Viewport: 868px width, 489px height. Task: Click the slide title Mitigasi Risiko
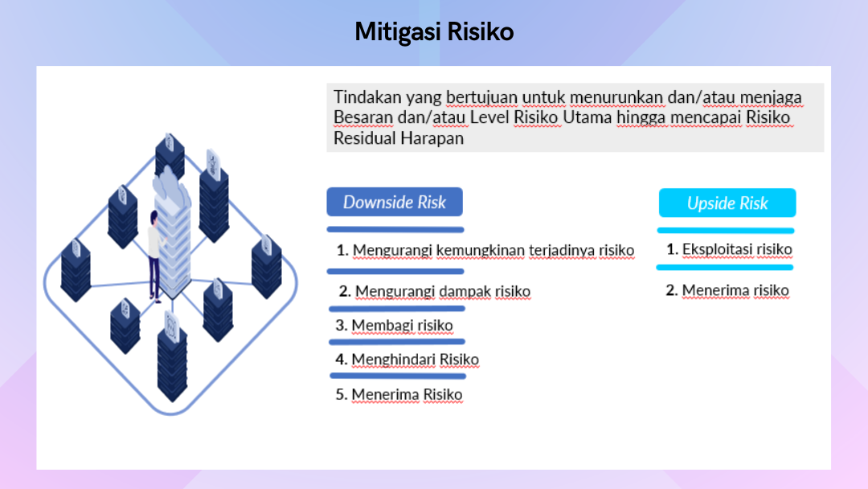point(434,31)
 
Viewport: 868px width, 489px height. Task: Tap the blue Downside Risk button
point(395,202)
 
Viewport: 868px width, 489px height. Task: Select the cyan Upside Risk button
point(727,203)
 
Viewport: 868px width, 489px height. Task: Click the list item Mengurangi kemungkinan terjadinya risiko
point(485,250)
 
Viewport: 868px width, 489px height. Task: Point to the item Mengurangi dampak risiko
point(435,291)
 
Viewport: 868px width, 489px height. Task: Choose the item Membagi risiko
point(394,325)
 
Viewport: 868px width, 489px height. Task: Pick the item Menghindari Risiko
point(407,360)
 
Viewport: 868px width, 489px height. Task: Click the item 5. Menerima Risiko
point(399,394)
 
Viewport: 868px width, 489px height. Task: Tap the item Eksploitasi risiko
point(729,249)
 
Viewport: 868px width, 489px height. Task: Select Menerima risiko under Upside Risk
point(727,290)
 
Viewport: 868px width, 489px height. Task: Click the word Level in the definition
point(489,117)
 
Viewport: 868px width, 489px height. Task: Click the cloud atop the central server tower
point(170,186)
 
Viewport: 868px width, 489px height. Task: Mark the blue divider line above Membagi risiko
point(397,309)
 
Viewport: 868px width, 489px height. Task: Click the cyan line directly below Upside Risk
point(726,230)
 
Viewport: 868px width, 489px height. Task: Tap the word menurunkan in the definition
point(616,97)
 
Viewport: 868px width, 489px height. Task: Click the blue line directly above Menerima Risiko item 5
point(398,376)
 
